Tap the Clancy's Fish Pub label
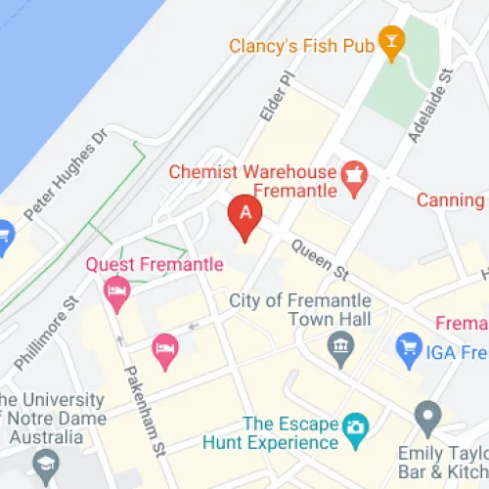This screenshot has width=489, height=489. (302, 45)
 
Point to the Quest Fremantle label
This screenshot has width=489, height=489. (155, 264)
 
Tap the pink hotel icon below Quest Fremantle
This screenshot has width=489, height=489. (117, 291)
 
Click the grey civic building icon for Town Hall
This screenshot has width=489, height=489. (340, 345)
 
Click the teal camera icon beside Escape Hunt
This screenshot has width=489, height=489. (354, 425)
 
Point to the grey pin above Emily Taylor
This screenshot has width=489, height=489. (427, 418)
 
